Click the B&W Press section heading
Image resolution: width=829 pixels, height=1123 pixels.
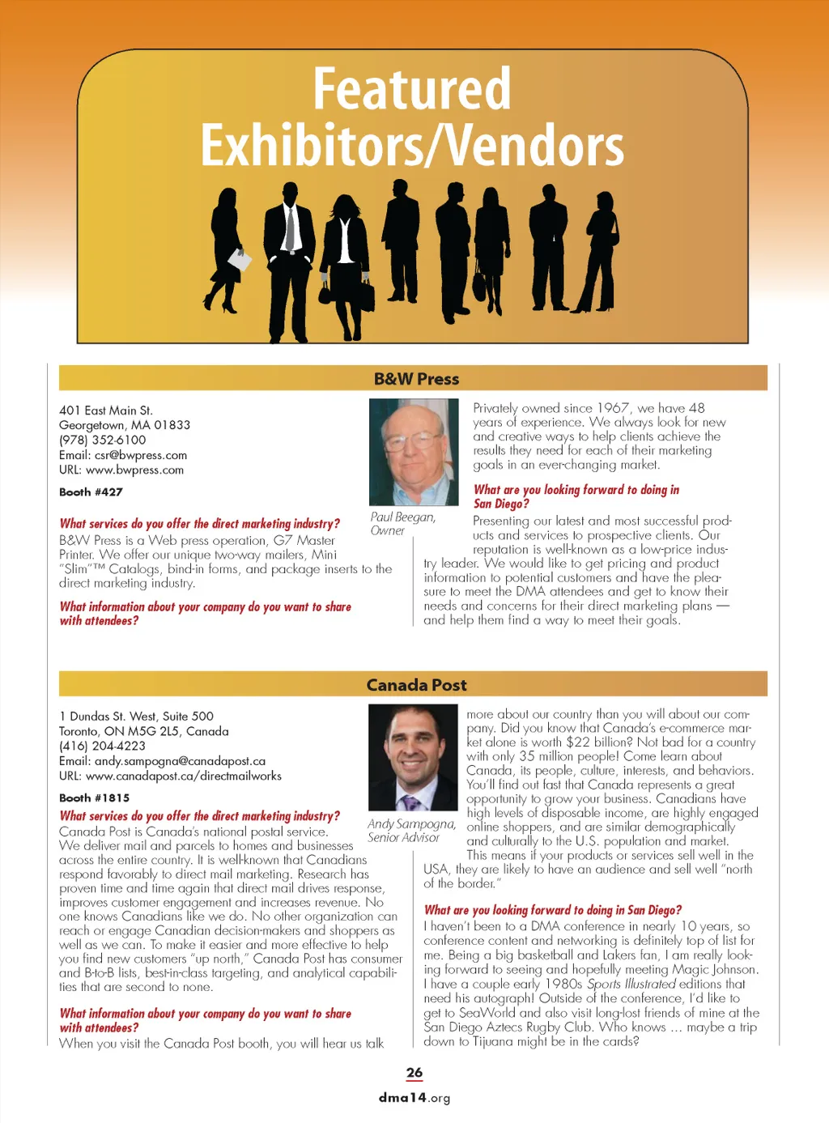[x=416, y=379]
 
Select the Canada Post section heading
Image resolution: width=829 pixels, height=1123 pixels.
[x=416, y=685]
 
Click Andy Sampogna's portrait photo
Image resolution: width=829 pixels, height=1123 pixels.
[x=413, y=758]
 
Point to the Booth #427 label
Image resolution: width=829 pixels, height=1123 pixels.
[x=91, y=492]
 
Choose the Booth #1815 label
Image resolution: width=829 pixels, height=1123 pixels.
[x=94, y=798]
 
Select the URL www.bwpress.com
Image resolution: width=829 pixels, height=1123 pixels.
[x=134, y=470]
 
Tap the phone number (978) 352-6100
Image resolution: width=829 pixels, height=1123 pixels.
[x=103, y=440]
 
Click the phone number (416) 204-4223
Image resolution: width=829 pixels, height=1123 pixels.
[x=103, y=746]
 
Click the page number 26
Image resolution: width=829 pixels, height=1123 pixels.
[x=414, y=1073]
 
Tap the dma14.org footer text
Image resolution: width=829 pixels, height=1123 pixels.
[x=414, y=1098]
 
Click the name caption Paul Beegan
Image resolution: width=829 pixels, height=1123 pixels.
[x=402, y=517]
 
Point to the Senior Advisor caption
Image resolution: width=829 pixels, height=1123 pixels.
[x=403, y=838]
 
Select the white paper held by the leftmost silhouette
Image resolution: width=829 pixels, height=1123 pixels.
[x=240, y=260]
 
